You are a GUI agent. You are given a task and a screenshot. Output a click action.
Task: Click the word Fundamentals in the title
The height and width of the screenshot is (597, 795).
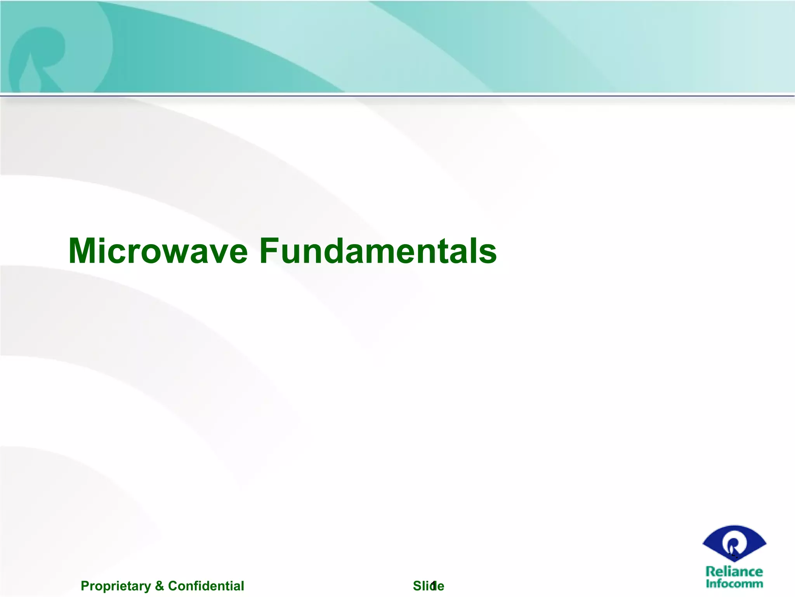click(x=378, y=251)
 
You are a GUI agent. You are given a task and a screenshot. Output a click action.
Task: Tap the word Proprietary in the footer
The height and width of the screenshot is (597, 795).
click(x=116, y=586)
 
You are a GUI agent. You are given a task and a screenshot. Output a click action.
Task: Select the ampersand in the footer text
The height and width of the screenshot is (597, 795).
click(x=159, y=586)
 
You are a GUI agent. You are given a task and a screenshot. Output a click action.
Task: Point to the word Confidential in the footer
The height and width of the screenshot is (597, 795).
click(x=206, y=586)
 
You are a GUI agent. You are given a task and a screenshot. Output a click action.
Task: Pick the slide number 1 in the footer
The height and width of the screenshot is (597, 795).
click(x=434, y=585)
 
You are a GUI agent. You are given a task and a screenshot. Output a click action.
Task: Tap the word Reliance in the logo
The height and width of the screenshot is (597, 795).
click(x=734, y=571)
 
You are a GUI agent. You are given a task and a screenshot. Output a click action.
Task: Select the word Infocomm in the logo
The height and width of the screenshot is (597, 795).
click(x=734, y=583)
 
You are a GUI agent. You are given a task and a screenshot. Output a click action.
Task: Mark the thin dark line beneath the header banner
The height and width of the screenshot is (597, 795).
click(x=397, y=94)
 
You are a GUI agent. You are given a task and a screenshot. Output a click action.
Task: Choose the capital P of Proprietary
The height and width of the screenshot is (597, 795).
click(x=84, y=586)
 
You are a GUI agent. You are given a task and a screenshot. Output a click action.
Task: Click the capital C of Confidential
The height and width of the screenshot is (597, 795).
click(x=172, y=586)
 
